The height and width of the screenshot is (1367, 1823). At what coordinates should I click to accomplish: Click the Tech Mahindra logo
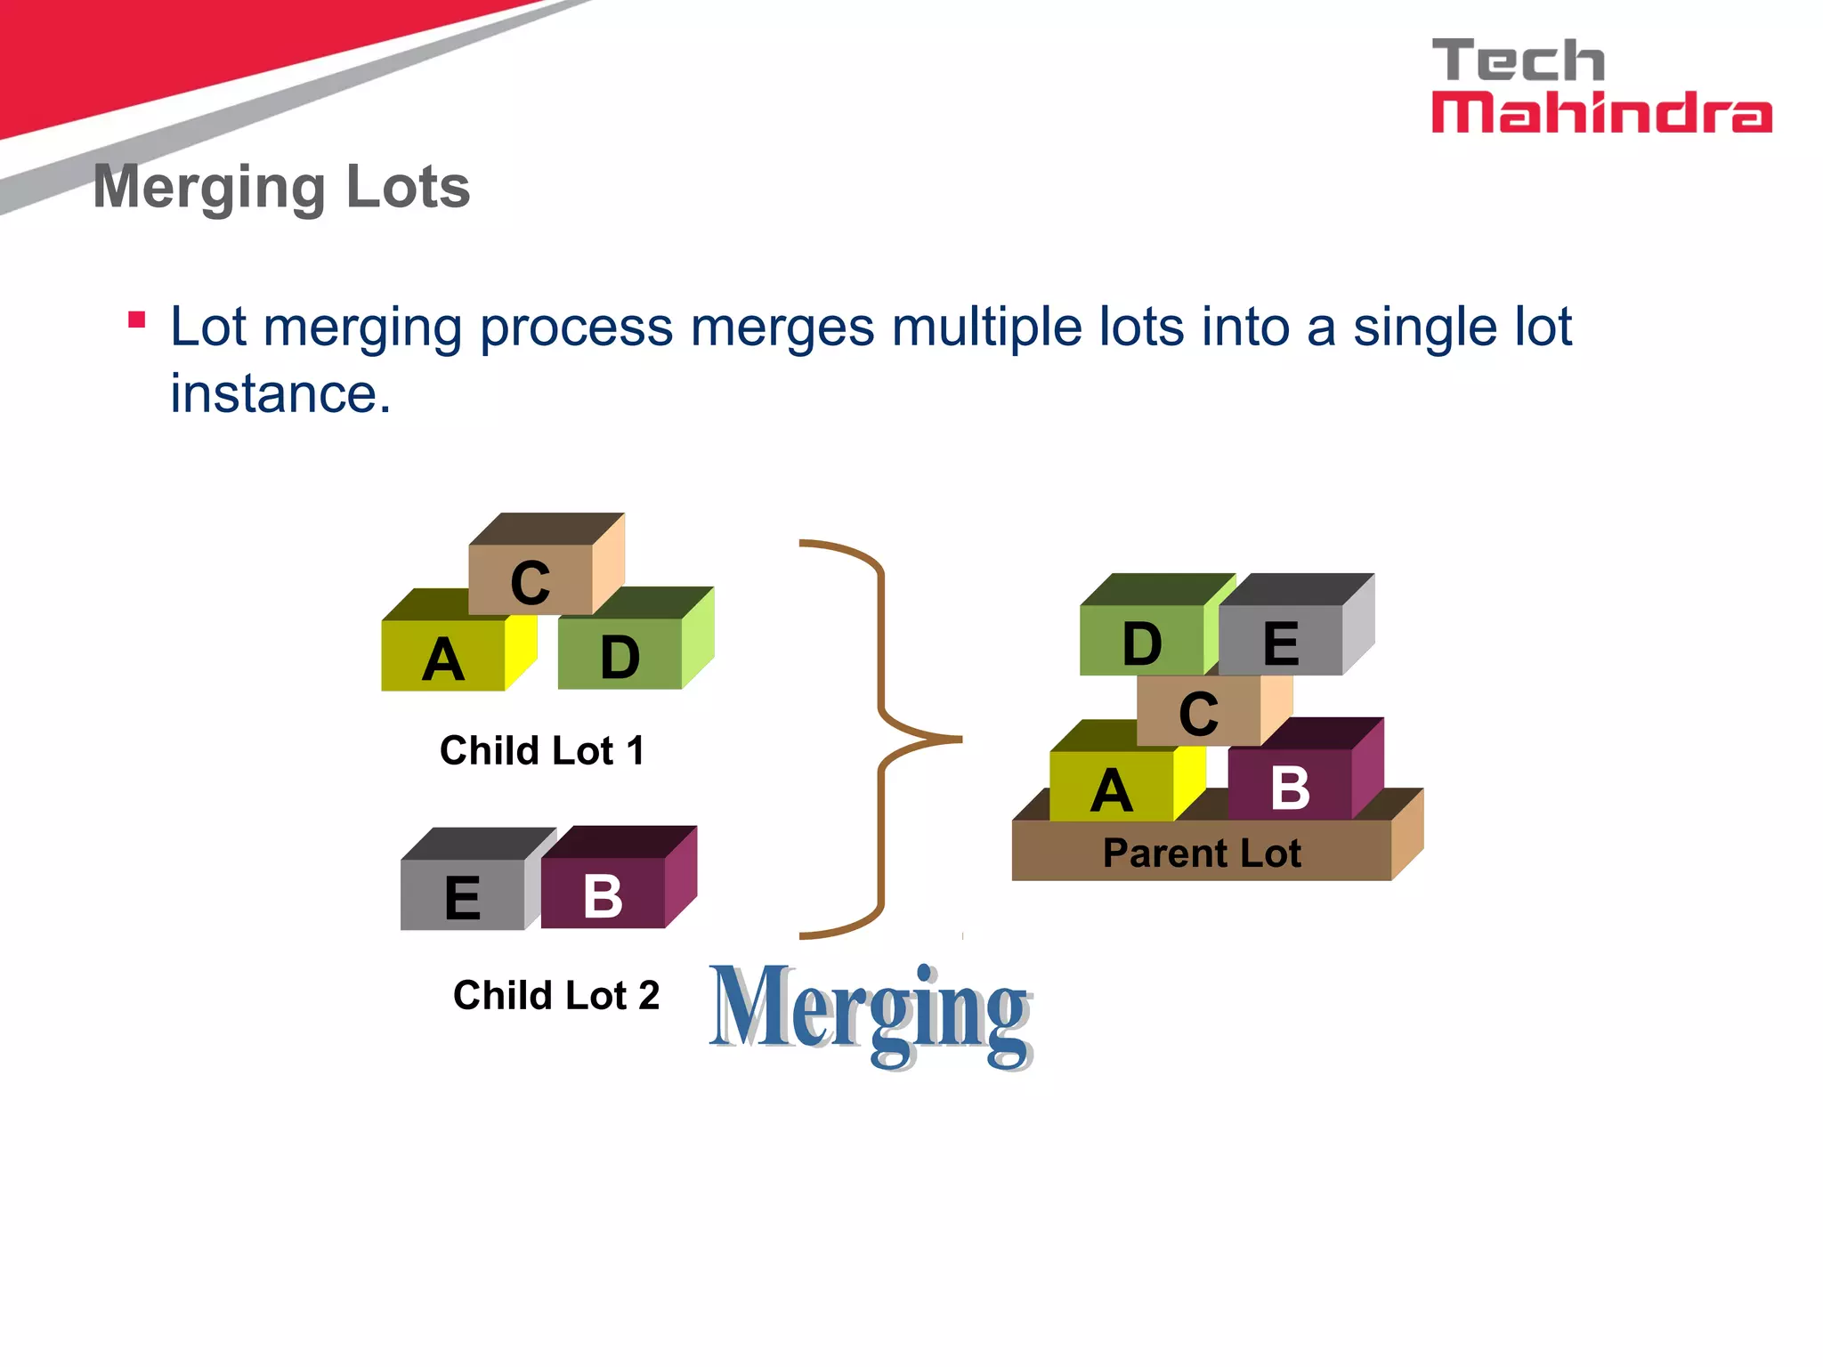[1600, 86]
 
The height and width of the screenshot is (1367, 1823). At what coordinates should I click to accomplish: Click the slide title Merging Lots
[281, 188]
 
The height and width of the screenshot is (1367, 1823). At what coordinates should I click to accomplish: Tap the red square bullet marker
[136, 320]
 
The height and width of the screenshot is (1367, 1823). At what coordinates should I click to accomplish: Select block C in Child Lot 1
[531, 580]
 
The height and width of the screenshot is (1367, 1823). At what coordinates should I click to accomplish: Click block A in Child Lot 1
[443, 657]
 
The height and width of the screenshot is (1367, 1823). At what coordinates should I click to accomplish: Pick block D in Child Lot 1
[620, 656]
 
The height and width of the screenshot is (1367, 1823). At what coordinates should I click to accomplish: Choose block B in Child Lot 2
[603, 894]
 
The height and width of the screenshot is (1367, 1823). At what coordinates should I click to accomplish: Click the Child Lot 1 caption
[541, 750]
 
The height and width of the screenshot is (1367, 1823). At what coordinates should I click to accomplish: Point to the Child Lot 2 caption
[556, 995]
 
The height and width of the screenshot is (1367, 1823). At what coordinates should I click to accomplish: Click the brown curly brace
[882, 739]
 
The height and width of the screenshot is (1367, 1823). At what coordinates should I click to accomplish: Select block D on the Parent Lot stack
[1142, 642]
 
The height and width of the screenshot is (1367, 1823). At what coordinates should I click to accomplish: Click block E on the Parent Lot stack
[1281, 642]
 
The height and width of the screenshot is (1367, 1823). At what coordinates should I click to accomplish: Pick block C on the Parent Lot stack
[1198, 712]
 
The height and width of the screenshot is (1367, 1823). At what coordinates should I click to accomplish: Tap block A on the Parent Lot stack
[1112, 789]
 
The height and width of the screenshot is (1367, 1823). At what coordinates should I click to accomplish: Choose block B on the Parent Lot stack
[1290, 786]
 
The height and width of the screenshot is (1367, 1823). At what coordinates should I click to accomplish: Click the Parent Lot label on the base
[1202, 853]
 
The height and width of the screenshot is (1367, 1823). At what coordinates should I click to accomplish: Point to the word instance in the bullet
[280, 393]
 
